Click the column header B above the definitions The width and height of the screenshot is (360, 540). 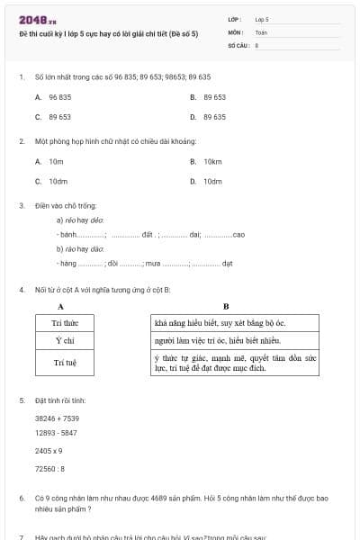[226, 306]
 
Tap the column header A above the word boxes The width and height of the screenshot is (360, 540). [60, 306]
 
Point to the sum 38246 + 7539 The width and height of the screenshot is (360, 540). [57, 418]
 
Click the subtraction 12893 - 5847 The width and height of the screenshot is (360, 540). [56, 433]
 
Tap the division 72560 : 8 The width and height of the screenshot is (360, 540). [49, 468]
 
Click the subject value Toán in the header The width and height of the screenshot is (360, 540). [262, 31]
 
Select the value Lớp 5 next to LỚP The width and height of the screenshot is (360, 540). [262, 18]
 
